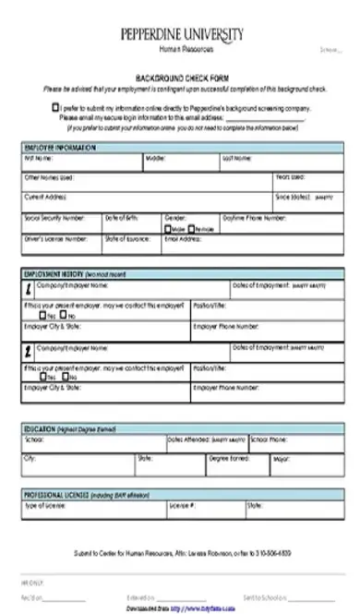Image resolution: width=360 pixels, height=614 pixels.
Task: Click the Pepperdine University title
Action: tap(182, 33)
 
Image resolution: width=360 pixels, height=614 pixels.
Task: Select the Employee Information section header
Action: tap(57, 148)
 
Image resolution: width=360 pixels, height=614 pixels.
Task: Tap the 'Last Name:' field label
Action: tap(235, 158)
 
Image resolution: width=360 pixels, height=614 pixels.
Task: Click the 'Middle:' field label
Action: tap(155, 158)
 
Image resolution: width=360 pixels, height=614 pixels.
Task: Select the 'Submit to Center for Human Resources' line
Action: tap(181, 552)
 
